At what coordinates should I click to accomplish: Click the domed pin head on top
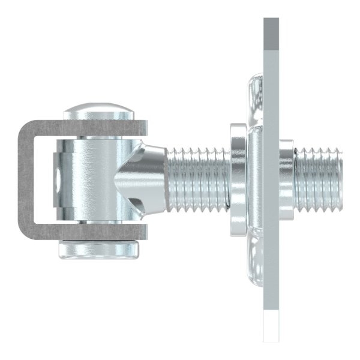[99, 112]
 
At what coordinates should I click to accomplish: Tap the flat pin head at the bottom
[99, 250]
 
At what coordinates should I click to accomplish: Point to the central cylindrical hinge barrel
[96, 180]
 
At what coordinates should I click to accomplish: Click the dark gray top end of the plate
[271, 33]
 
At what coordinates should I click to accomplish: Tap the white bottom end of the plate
[271, 327]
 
